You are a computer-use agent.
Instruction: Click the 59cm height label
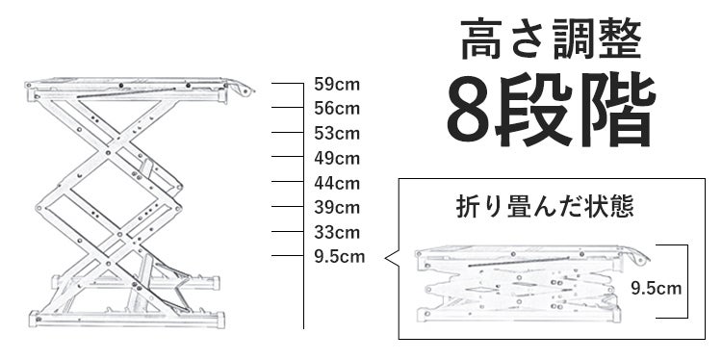(x=337, y=85)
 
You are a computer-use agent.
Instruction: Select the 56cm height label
(x=337, y=109)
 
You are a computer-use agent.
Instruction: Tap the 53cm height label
(x=337, y=134)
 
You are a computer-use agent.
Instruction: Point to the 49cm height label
(x=337, y=159)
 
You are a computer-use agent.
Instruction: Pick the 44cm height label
(x=337, y=183)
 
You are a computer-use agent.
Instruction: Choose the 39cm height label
(x=337, y=208)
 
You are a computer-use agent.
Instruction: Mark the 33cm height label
(x=337, y=233)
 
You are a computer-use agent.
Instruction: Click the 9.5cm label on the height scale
(x=340, y=257)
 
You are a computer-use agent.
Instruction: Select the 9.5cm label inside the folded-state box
(x=656, y=289)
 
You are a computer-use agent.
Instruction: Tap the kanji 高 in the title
(x=481, y=39)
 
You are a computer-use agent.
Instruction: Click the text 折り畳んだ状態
(x=545, y=207)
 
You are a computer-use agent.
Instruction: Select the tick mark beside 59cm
(x=287, y=84)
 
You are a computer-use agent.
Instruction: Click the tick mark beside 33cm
(x=287, y=232)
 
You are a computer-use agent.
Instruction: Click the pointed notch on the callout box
(x=387, y=258)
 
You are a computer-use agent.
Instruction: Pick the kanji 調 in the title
(x=574, y=40)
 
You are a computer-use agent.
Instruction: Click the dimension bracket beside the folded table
(x=687, y=281)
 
